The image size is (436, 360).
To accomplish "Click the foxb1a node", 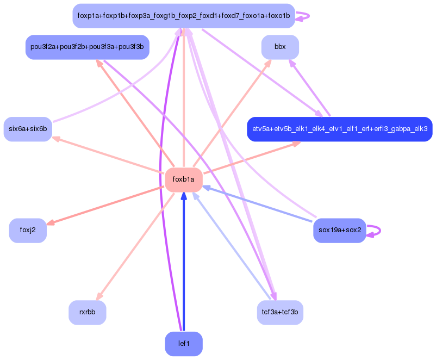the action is point(184,180).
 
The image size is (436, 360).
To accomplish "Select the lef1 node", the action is point(184,344).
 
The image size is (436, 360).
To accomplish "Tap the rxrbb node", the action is point(87,312).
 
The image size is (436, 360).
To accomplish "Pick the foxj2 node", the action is point(28,230).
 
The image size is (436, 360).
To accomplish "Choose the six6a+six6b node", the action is point(28,129).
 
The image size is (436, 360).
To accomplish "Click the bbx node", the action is point(280,47).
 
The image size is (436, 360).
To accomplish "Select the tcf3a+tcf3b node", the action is point(280,312).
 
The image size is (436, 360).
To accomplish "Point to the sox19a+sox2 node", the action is point(340,230).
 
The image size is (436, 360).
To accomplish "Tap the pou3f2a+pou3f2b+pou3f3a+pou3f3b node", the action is point(87,47).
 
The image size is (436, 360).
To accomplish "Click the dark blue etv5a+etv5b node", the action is point(340,129).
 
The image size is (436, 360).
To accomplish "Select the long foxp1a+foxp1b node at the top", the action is point(184,16).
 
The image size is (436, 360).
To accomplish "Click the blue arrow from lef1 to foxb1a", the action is point(184,261).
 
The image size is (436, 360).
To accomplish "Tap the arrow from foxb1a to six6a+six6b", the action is point(109,155).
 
